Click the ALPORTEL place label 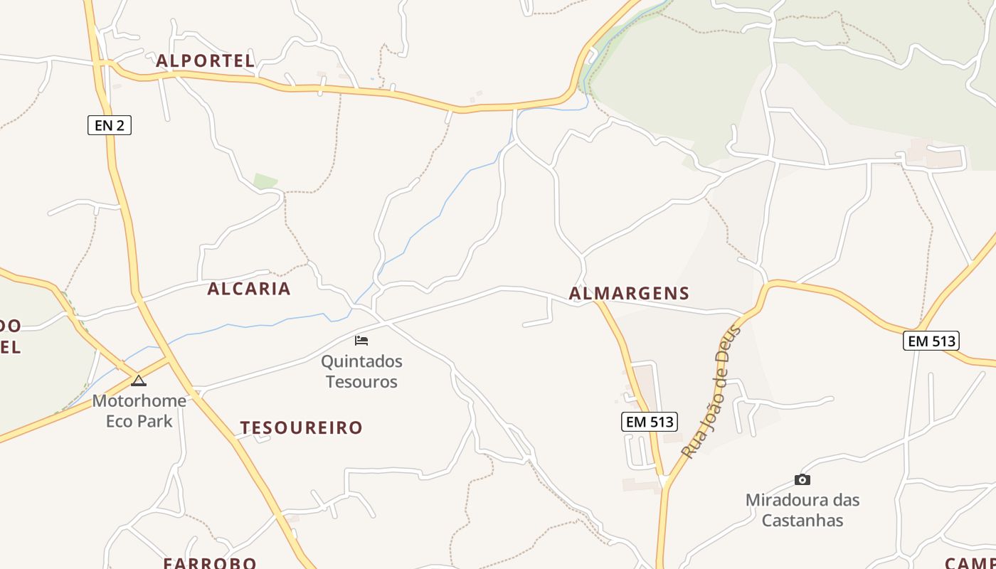click(205, 61)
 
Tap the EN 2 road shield click(110, 126)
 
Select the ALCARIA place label click(249, 289)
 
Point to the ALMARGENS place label click(630, 293)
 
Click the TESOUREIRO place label click(302, 427)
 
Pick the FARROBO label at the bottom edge click(210, 563)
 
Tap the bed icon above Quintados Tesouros click(361, 340)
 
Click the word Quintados click(361, 361)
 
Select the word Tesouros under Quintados click(361, 382)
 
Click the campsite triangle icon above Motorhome click(138, 381)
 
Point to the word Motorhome click(139, 400)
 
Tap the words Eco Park click(139, 421)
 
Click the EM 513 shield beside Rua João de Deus click(649, 422)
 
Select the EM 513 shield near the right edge click(931, 341)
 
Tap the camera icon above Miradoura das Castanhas click(802, 479)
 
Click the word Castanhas click(802, 521)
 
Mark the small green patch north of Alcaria click(265, 181)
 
